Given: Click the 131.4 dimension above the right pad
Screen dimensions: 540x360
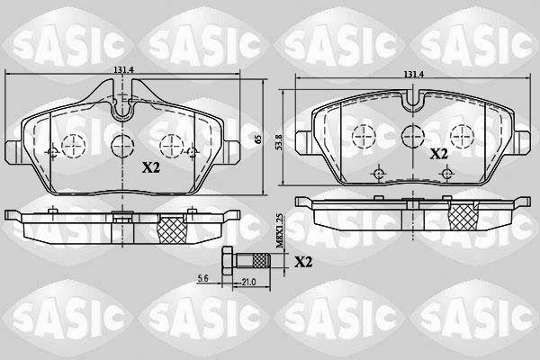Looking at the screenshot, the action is coord(414,74).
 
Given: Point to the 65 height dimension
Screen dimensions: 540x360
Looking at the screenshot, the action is coord(258,139).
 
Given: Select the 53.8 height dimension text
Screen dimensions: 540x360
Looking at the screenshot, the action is coord(279,142).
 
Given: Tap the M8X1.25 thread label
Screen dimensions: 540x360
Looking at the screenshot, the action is coord(280,230).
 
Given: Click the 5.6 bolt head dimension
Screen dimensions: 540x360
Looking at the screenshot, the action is coord(202,279).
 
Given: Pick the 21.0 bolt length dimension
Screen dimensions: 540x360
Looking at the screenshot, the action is coord(248,282).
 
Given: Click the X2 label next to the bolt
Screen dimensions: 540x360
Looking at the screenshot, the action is coord(303,263).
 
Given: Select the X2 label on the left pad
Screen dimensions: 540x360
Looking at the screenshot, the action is coord(151,167).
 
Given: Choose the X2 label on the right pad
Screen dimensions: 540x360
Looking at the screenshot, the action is coord(438,154).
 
